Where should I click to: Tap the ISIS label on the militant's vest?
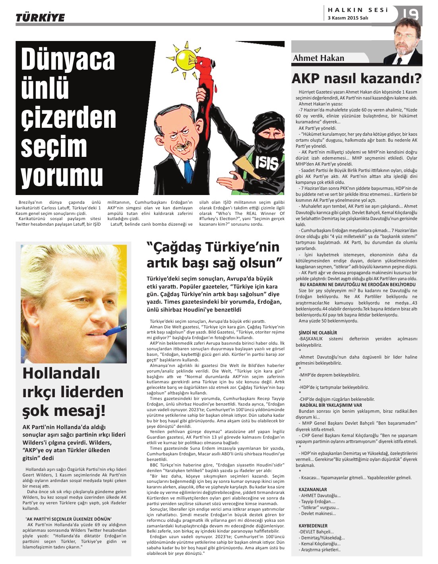(266, 162)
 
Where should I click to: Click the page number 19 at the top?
(410, 15)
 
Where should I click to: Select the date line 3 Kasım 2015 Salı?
(348, 18)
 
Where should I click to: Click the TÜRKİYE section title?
(40, 18)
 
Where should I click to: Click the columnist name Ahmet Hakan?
(318, 58)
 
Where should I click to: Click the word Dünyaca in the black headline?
(68, 59)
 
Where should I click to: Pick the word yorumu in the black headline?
(62, 176)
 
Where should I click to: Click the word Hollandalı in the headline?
(61, 373)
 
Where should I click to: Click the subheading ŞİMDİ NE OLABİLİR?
(318, 333)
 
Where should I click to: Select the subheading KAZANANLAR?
(313, 490)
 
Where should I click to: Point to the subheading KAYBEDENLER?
(313, 525)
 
